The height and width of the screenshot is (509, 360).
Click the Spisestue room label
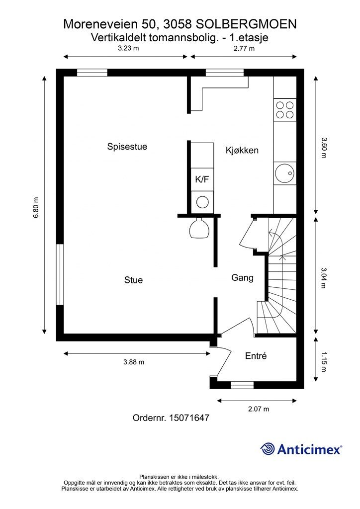click(127, 147)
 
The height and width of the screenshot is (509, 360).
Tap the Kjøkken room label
click(242, 150)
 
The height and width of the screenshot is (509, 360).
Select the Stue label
click(133, 280)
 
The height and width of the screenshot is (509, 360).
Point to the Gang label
click(242, 278)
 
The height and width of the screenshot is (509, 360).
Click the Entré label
click(256, 356)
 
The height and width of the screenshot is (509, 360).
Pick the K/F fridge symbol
click(202, 179)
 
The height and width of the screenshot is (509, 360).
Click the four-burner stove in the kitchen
click(285, 110)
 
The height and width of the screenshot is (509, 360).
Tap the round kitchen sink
click(285, 173)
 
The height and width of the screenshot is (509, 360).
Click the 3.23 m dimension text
click(128, 48)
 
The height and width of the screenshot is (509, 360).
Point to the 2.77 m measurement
click(244, 49)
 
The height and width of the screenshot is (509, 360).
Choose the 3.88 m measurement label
click(134, 362)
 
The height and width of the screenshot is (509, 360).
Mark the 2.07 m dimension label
click(259, 409)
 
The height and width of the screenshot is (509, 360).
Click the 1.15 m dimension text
click(324, 362)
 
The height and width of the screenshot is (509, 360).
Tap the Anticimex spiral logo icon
click(268, 449)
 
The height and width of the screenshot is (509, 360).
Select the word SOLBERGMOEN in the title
click(246, 24)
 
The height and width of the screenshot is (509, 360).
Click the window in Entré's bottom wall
click(242, 385)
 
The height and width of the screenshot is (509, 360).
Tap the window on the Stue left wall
click(60, 274)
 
